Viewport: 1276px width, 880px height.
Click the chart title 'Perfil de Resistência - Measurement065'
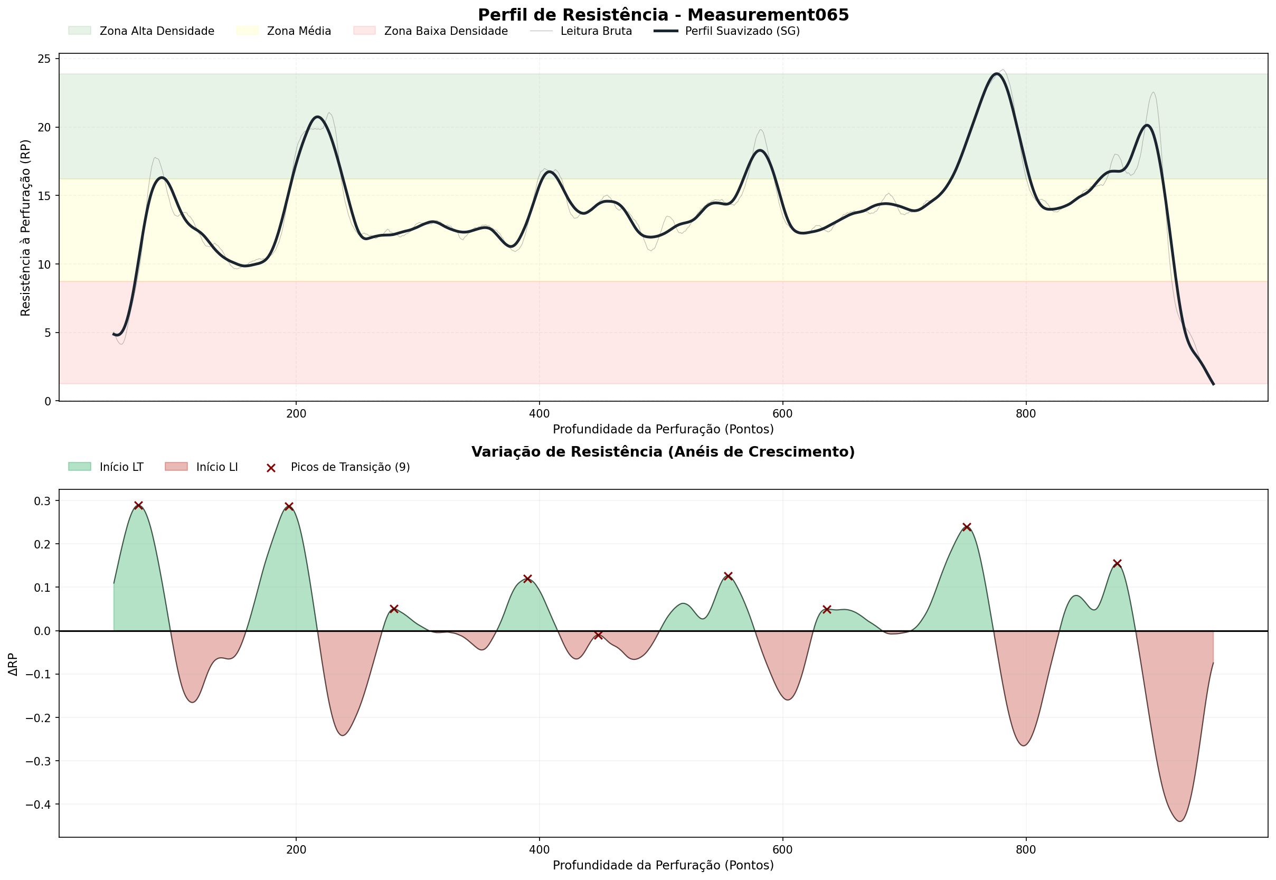[x=663, y=15]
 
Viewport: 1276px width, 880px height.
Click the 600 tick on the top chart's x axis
[x=782, y=413]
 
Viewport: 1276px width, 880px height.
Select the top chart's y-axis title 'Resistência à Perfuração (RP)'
[x=25, y=228]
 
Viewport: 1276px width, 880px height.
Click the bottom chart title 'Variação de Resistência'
[x=663, y=452]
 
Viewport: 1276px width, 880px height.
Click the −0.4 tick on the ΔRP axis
[x=38, y=805]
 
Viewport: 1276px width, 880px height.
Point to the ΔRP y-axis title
[x=13, y=664]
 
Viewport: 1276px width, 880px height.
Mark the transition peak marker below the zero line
[x=598, y=635]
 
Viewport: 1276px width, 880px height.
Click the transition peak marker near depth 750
[x=967, y=527]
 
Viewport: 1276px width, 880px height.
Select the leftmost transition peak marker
[x=138, y=506]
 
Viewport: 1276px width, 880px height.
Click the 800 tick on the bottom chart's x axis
[x=1026, y=850]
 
